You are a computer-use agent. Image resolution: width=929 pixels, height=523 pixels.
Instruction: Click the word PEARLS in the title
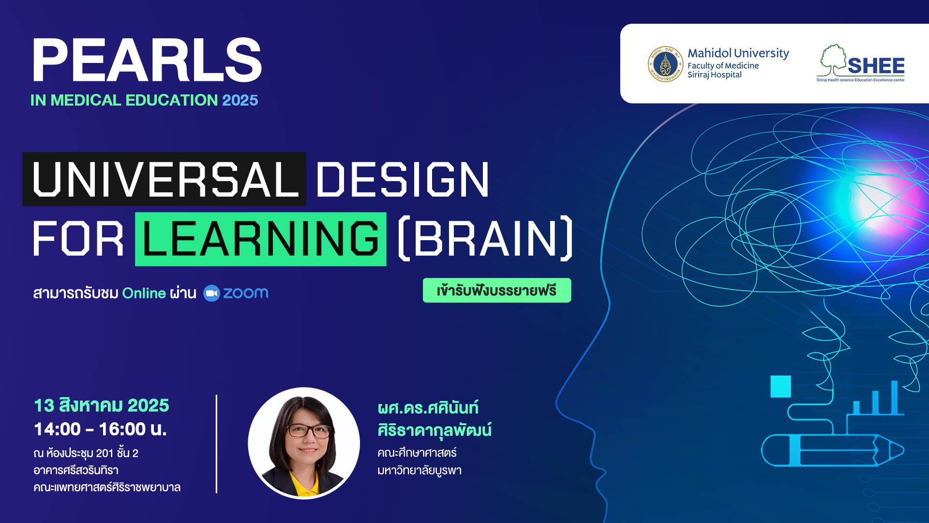click(x=147, y=60)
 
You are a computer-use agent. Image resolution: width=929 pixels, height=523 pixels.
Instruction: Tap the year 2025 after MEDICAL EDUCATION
click(x=240, y=100)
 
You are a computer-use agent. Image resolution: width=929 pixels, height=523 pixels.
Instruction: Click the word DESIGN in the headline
click(x=403, y=179)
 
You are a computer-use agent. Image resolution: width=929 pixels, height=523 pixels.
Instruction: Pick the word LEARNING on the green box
click(x=261, y=239)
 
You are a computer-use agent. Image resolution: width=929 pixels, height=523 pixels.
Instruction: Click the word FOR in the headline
click(x=78, y=239)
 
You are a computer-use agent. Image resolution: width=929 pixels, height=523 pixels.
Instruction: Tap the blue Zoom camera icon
click(x=211, y=293)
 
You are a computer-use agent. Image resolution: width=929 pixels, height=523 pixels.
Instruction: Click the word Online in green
click(x=144, y=293)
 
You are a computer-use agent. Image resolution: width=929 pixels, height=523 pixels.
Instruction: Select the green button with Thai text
click(x=497, y=290)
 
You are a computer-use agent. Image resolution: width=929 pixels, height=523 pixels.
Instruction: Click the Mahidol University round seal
click(x=665, y=64)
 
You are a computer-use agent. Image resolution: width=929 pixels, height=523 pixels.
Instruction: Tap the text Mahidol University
click(x=738, y=53)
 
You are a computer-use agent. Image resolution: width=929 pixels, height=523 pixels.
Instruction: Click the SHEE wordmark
click(x=876, y=66)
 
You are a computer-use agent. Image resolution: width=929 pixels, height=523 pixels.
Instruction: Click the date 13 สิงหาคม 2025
click(x=102, y=405)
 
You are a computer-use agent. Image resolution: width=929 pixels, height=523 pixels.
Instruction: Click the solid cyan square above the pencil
click(x=780, y=386)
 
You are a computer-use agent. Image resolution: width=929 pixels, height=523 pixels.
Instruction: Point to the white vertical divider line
click(x=216, y=444)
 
